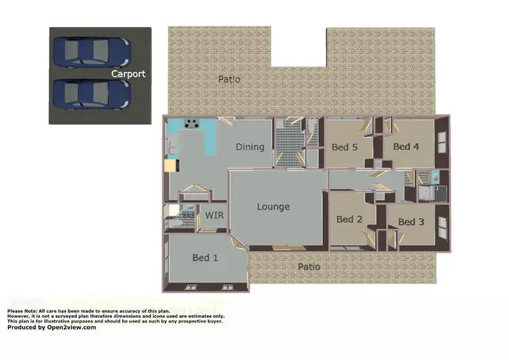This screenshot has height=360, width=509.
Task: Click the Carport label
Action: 128,73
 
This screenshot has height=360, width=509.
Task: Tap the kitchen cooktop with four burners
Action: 193,124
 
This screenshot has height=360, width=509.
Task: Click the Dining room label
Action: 250,147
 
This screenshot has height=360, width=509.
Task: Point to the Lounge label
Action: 274,206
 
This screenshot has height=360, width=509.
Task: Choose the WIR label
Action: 214,215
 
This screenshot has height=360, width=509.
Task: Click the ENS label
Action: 187,216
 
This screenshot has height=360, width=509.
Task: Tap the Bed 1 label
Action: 205,257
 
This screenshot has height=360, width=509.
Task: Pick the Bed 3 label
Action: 411,221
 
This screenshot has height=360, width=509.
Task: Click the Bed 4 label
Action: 406,146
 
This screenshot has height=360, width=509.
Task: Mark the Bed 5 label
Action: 345,147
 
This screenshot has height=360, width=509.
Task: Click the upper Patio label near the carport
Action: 229,79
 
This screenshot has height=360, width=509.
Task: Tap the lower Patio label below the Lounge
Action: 309,267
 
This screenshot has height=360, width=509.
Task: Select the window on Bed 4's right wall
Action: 443,143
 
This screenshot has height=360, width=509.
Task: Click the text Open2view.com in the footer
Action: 71,327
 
